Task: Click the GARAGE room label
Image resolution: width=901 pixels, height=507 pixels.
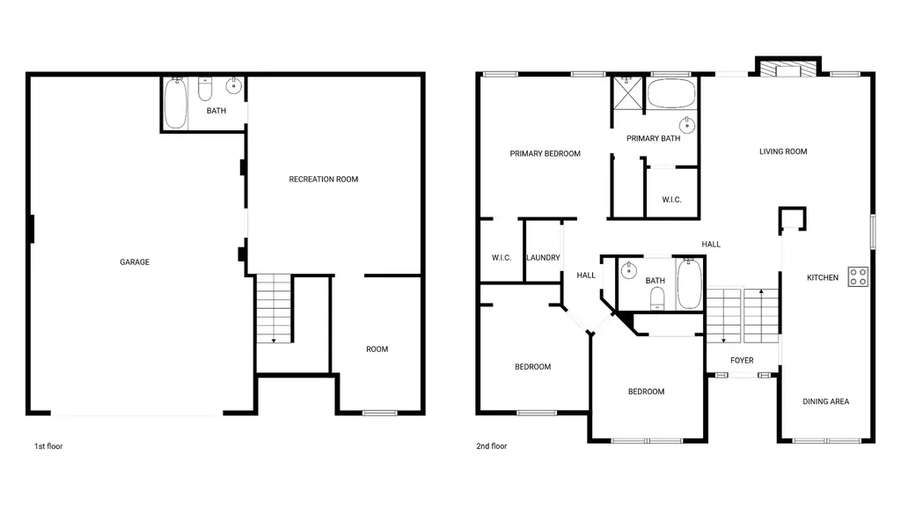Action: [135, 262]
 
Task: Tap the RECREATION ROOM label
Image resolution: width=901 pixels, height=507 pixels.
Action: [324, 180]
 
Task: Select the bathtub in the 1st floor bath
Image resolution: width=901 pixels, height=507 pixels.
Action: [176, 104]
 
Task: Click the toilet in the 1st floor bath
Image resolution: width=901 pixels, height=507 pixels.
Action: [205, 89]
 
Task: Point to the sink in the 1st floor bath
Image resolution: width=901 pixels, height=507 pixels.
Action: [234, 85]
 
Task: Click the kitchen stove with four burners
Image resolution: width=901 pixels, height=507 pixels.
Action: [858, 277]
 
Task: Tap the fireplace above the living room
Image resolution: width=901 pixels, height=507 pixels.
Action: [788, 67]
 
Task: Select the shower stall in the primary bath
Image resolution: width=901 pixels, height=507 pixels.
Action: [626, 92]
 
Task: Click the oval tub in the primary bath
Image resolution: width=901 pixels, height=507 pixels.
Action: [671, 93]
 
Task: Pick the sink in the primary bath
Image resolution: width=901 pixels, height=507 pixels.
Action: [686, 124]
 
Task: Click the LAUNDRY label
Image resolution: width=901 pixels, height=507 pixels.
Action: [543, 258]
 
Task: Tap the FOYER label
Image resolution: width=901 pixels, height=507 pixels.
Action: [742, 360]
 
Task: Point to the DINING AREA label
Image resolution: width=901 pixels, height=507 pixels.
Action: [825, 401]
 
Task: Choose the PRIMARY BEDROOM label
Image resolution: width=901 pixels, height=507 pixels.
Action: [546, 153]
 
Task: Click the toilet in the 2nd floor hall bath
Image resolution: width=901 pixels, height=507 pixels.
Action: [657, 298]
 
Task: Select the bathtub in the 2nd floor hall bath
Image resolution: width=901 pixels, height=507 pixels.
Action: [689, 284]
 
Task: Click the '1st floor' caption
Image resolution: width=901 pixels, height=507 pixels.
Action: [48, 446]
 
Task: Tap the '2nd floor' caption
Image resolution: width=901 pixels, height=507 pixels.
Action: [491, 446]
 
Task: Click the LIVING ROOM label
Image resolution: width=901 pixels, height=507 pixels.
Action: [783, 151]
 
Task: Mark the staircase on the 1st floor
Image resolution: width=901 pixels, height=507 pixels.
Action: [274, 309]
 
